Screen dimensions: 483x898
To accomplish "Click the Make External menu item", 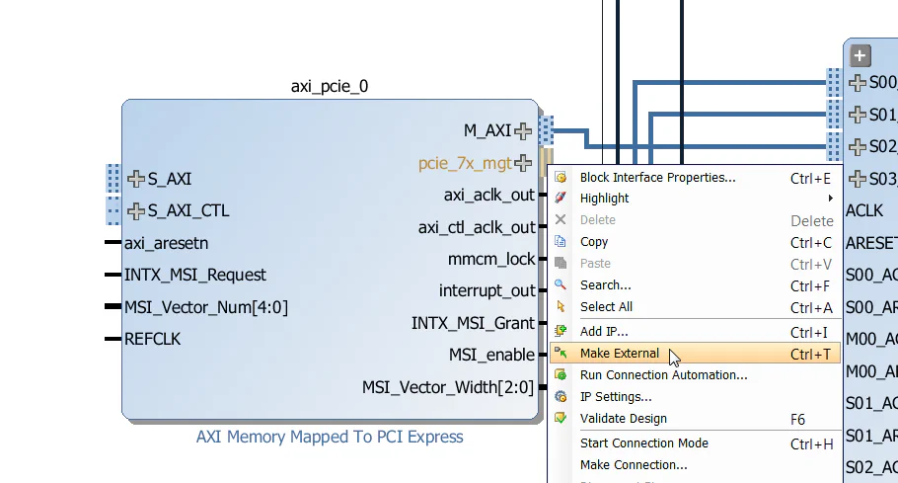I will [620, 354].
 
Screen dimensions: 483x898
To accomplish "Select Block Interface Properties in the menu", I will [657, 178].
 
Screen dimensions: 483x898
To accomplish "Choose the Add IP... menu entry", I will [604, 332].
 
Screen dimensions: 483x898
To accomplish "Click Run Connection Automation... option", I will [663, 375].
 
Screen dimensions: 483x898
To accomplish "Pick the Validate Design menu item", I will [623, 419].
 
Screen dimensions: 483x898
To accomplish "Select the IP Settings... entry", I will [616, 397].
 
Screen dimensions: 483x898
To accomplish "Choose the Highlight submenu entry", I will [604, 199].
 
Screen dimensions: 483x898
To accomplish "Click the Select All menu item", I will [606, 307].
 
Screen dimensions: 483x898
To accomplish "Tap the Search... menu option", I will [605, 285].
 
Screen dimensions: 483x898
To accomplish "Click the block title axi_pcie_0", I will [330, 86].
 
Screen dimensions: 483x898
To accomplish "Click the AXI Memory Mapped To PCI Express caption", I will [330, 437].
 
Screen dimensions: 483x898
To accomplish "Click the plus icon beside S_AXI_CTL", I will [136, 210].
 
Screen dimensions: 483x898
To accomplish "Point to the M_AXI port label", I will [487, 130].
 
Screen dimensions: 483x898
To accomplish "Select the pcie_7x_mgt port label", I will [465, 163].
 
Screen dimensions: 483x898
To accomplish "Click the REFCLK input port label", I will [152, 339].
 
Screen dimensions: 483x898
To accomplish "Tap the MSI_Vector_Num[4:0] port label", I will [205, 307].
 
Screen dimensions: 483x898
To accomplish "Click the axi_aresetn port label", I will [166, 243].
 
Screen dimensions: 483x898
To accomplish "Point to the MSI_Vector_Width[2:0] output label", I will [448, 387].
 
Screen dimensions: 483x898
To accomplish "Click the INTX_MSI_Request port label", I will [195, 275].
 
